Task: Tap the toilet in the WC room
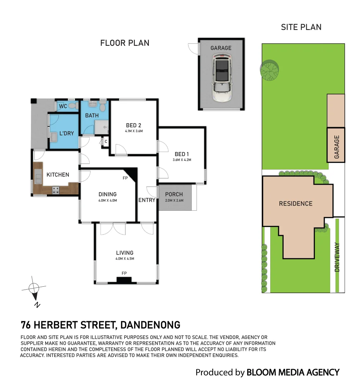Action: tap(73, 106)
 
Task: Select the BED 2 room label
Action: tap(134, 126)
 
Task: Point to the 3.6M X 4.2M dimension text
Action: tap(182, 160)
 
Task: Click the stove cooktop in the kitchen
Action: tap(56, 190)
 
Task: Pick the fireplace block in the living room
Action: tap(124, 280)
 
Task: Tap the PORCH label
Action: tap(174, 194)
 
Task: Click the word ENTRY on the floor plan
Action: tap(147, 200)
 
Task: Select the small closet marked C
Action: tap(106, 142)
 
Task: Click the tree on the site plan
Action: tap(270, 70)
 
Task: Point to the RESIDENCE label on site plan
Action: tap(295, 204)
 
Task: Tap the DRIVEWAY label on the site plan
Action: tap(337, 257)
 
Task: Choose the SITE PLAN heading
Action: tap(301, 27)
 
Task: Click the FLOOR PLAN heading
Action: tap(125, 43)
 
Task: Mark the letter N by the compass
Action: tap(37, 305)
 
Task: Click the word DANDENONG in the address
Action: tap(150, 325)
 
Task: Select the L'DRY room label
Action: tap(67, 134)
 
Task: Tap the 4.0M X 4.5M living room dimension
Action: tap(125, 259)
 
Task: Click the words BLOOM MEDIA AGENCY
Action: tap(293, 372)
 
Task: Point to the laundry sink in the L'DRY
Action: tap(53, 137)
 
